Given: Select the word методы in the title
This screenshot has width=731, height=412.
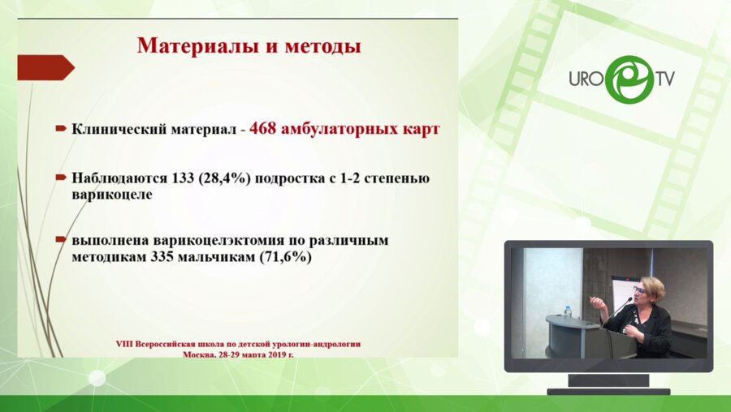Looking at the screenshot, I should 321,45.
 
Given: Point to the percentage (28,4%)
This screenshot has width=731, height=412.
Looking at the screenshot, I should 224,178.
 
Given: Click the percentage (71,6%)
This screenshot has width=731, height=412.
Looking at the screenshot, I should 286,256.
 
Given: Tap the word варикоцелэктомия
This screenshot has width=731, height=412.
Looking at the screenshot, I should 214,240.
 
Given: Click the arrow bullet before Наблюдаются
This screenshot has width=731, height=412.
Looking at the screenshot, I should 61,178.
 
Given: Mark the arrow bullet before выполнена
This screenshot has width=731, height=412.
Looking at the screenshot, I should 61,241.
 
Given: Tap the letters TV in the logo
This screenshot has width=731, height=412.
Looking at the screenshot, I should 664,79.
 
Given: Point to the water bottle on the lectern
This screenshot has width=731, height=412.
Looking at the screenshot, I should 568,311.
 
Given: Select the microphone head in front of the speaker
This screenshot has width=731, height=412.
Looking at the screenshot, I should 629,299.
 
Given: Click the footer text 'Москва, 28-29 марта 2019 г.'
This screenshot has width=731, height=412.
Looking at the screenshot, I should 240,354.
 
